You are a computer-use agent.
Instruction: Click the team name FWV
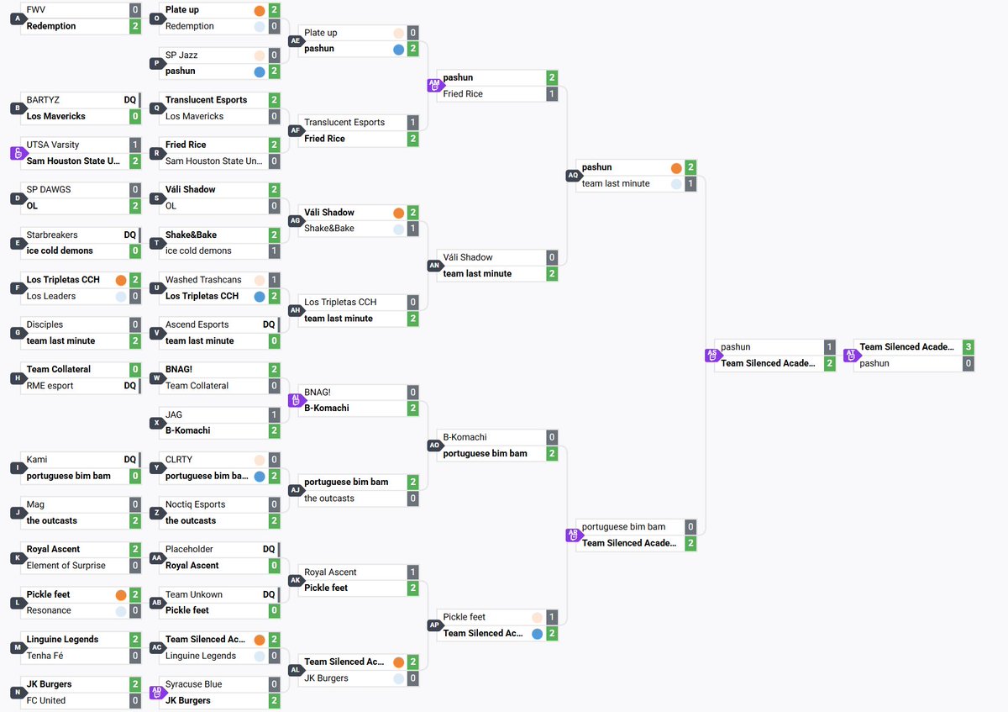[x=35, y=9]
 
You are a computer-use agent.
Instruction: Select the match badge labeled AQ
[x=573, y=175]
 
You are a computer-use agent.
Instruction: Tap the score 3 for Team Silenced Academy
[x=969, y=347]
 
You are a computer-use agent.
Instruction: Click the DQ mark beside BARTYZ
[x=130, y=99]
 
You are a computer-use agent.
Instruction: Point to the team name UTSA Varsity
[x=53, y=145]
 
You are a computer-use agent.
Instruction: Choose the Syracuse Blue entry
[x=193, y=684]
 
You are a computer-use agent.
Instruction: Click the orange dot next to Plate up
[x=260, y=10]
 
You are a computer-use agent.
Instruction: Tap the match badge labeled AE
[x=295, y=40]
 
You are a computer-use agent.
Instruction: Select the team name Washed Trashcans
[x=203, y=280]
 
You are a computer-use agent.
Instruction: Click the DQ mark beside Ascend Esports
[x=269, y=324]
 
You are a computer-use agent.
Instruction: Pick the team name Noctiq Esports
[x=195, y=504]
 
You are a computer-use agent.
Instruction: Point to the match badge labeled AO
[x=434, y=445]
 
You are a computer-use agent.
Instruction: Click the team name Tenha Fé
[x=45, y=656]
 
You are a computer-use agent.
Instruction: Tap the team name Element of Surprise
[x=66, y=565]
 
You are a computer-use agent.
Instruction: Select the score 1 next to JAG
[x=274, y=414]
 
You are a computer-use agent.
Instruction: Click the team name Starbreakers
[x=52, y=235]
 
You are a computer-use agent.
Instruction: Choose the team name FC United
[x=46, y=700]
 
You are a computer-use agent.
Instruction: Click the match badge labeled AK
[x=295, y=580]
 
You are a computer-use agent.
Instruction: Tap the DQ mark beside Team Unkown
[x=269, y=594]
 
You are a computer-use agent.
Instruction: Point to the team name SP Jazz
[x=181, y=55]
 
